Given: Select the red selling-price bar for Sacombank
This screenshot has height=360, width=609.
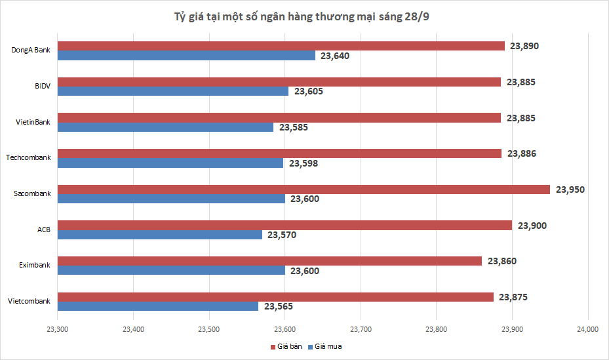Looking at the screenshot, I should (x=304, y=190).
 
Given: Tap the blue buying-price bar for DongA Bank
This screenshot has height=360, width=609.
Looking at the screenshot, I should (x=186, y=56).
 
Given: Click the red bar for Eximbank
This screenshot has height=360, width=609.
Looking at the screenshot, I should (x=269, y=261).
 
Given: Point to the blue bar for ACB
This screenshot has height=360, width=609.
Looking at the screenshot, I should (x=160, y=235).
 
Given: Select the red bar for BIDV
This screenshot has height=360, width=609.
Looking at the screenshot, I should (x=279, y=82).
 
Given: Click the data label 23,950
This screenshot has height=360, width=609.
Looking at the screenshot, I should (x=570, y=190).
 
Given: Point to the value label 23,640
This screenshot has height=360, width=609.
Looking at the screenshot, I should (x=335, y=56).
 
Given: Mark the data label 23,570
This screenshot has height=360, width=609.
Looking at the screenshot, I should (x=282, y=235).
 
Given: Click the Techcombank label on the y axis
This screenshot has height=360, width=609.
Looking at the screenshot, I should (x=28, y=158).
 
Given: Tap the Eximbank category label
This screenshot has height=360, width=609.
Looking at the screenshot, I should (x=35, y=266).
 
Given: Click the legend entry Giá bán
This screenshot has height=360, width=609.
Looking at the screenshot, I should (x=286, y=346).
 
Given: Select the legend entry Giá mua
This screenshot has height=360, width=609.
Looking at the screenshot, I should (x=327, y=346).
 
